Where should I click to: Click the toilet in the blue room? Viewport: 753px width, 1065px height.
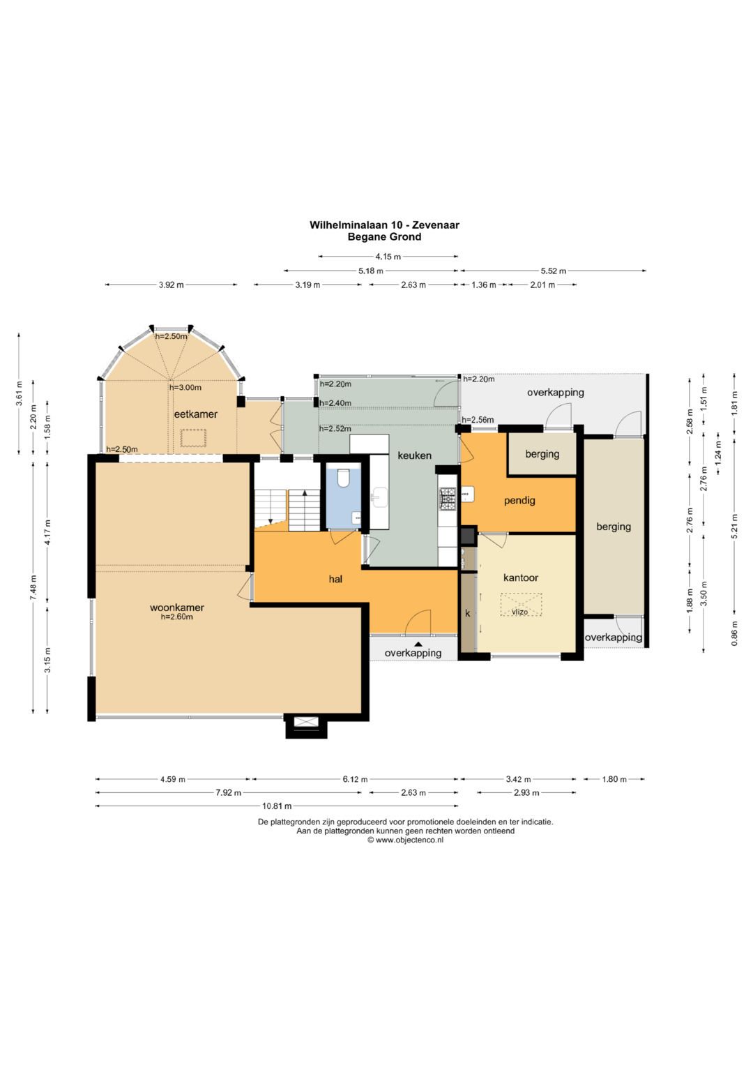(x=343, y=478)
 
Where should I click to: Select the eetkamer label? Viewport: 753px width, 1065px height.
(x=195, y=414)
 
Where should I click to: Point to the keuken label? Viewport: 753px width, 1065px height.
(x=415, y=455)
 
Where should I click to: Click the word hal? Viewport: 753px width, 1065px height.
(x=335, y=579)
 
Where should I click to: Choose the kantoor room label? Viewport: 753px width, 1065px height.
(x=521, y=577)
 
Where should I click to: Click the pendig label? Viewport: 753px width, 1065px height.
(x=519, y=501)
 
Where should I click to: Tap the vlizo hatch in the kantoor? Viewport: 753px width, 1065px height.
(x=521, y=605)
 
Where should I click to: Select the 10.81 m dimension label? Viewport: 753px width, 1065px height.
(x=277, y=806)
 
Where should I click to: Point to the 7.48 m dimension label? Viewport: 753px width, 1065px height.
(x=33, y=588)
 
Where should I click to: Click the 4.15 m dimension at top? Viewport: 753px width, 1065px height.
(x=388, y=257)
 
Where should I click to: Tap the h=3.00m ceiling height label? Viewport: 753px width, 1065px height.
(x=185, y=388)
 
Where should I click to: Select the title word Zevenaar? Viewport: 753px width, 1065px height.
(x=436, y=225)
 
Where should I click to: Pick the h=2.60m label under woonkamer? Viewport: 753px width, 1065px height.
(x=177, y=617)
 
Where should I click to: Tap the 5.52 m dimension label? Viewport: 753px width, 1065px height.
(x=554, y=271)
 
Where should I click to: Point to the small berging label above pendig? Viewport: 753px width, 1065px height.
(x=542, y=454)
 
